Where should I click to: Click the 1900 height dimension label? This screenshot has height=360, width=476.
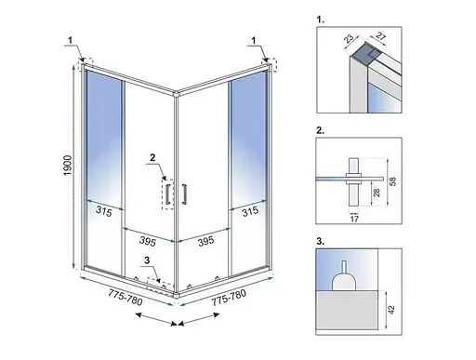(x=68, y=166)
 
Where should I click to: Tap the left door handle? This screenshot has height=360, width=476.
(x=167, y=194)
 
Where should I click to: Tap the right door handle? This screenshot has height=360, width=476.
(x=184, y=194)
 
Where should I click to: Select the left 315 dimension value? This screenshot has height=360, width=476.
(x=103, y=211)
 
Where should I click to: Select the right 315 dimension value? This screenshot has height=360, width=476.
(x=250, y=212)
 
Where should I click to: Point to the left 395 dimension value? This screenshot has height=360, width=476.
(x=147, y=241)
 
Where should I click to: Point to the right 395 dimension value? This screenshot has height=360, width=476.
(x=205, y=241)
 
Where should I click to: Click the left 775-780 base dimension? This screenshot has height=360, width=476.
(x=126, y=297)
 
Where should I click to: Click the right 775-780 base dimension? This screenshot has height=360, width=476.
(x=229, y=298)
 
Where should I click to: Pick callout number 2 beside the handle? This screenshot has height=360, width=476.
(x=152, y=158)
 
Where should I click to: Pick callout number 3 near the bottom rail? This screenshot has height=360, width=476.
(x=147, y=260)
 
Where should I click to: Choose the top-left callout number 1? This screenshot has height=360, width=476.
(x=71, y=40)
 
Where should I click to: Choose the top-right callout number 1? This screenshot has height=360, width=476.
(x=254, y=40)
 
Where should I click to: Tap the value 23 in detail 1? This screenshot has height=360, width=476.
(x=349, y=39)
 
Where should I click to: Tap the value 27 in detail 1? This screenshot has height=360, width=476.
(x=380, y=36)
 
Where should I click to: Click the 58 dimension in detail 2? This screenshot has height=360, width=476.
(x=392, y=181)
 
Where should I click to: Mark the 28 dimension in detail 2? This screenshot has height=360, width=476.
(x=377, y=193)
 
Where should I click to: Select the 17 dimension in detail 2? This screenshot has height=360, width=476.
(x=354, y=219)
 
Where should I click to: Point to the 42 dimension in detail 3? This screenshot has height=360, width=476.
(x=391, y=310)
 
